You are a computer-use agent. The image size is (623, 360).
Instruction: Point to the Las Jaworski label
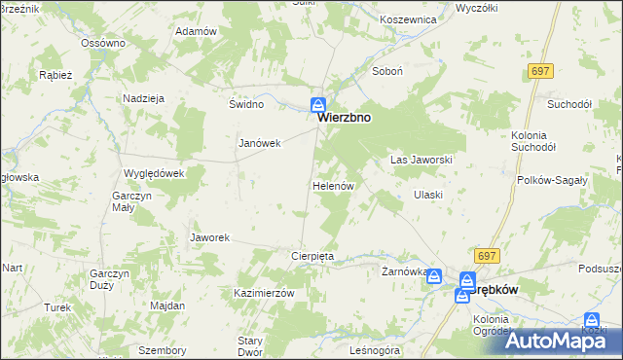pyautogui.click(x=421, y=159)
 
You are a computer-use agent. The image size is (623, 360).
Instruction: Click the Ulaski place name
pyautogui.click(x=428, y=195)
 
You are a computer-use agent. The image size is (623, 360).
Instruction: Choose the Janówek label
pyautogui.click(x=260, y=143)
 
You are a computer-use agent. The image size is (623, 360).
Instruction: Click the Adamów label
pyautogui.click(x=195, y=31)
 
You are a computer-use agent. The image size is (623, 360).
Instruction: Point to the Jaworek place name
pyautogui.click(x=209, y=237)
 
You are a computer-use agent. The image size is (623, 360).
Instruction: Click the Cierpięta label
pyautogui.click(x=312, y=256)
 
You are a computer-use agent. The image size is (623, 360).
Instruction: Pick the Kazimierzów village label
pyautogui.click(x=264, y=293)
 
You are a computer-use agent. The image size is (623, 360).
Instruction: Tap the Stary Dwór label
pyautogui.click(x=258, y=346)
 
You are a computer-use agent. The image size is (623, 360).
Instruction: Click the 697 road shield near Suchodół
pyautogui.click(x=541, y=72)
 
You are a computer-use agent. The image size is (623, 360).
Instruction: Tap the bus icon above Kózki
pyautogui.click(x=590, y=319)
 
